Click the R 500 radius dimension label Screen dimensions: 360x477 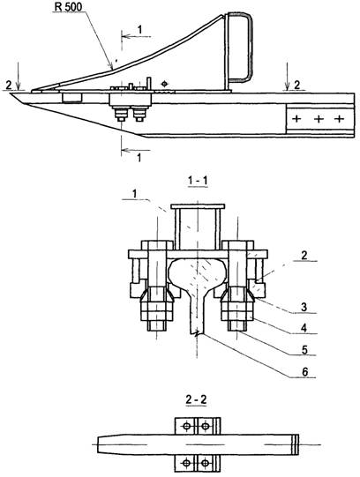pyautogui.click(x=69, y=7)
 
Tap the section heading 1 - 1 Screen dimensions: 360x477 pyautogui.click(x=198, y=181)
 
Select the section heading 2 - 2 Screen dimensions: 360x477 pyautogui.click(x=196, y=399)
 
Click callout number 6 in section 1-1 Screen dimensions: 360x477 pyautogui.click(x=304, y=372)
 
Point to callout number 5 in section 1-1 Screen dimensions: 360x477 pyautogui.click(x=304, y=349)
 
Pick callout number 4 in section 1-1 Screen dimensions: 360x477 pyautogui.click(x=304, y=328)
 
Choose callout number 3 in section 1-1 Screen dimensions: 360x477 pyautogui.click(x=304, y=307)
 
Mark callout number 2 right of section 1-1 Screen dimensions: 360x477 pyautogui.click(x=304, y=256)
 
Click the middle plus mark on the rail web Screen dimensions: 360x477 pyautogui.click(x=319, y=119)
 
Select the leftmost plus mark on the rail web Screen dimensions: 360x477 pyautogui.click(x=296, y=119)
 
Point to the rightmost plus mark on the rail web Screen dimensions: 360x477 pyautogui.click(x=340, y=119)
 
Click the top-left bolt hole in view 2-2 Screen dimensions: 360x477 pyautogui.click(x=187, y=426)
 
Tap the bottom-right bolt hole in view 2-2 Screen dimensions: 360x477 pyautogui.click(x=206, y=463)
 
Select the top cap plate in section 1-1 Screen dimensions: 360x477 pyautogui.click(x=199, y=206)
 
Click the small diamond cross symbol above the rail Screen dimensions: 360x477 pyautogui.click(x=165, y=84)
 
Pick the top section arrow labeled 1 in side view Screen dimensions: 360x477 pyautogui.click(x=136, y=36)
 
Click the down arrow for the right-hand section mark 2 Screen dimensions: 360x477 pyautogui.click(x=287, y=77)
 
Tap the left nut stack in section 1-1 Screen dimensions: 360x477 pyautogui.click(x=157, y=309)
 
